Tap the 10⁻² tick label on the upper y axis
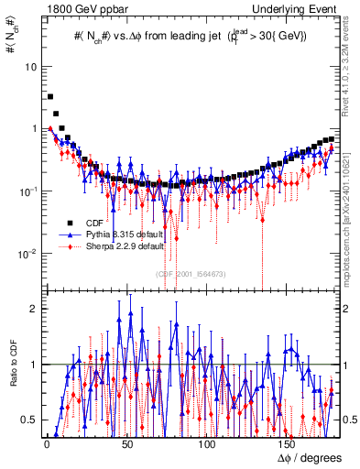tap(27, 254)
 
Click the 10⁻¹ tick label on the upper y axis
tap(27, 191)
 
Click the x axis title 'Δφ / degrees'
tap(306, 458)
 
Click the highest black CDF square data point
tap(50, 96)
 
